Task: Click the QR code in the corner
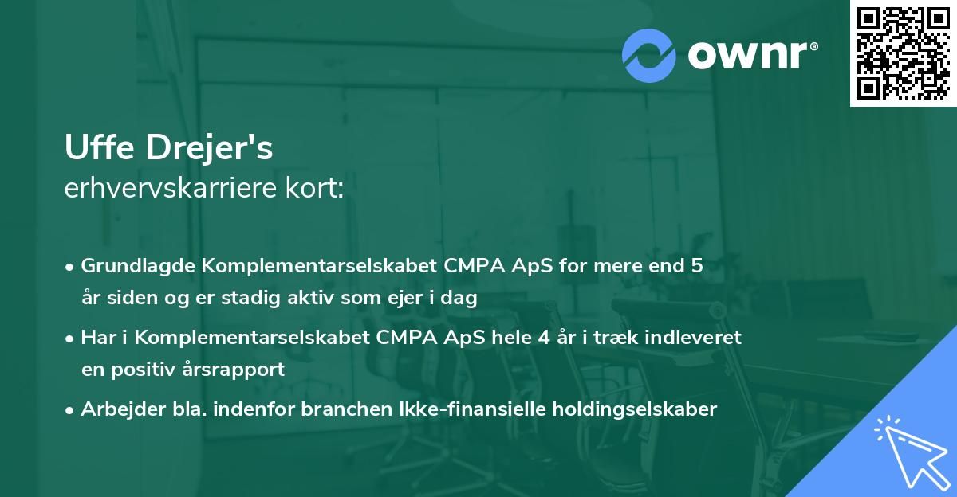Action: (x=903, y=53)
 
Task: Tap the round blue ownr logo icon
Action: (x=649, y=55)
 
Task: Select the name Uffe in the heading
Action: (x=95, y=149)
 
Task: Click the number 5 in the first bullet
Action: (x=697, y=266)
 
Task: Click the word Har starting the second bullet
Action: (x=96, y=338)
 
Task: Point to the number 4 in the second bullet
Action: (x=545, y=338)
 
